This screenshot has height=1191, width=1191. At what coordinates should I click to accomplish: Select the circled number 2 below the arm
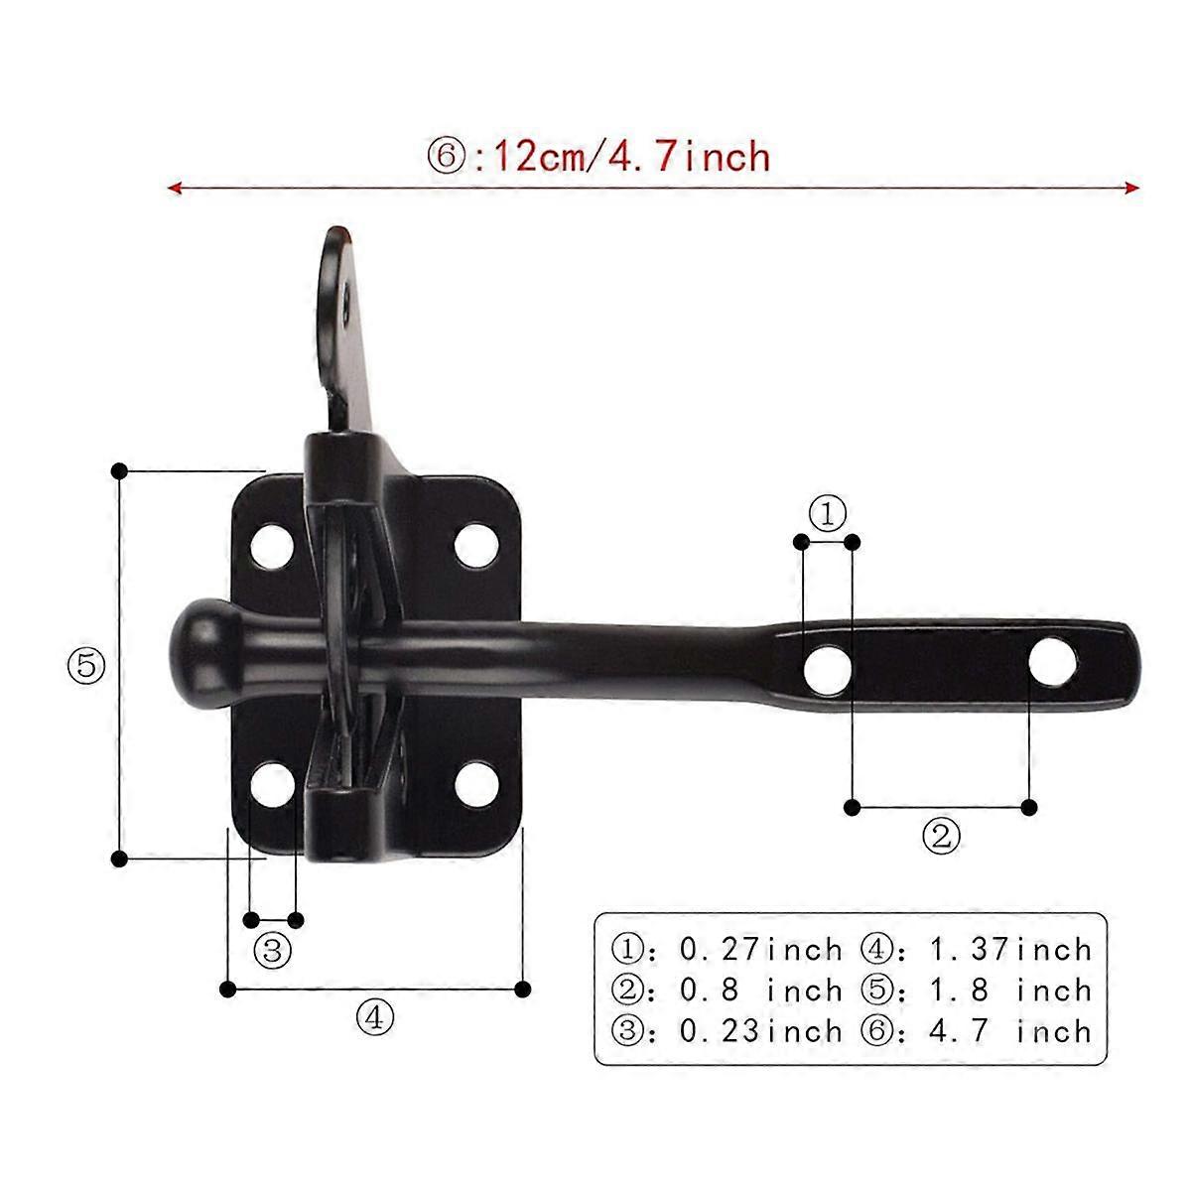pos(941,836)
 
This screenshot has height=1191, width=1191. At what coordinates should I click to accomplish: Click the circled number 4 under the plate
pos(374,1016)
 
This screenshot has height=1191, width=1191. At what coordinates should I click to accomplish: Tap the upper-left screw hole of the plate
pos(272,544)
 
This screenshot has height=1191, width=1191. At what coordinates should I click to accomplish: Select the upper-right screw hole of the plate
pos(476,544)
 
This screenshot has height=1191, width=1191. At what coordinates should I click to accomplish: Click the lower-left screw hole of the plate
pos(272,784)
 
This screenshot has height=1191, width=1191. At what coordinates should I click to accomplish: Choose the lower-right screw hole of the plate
pos(476,784)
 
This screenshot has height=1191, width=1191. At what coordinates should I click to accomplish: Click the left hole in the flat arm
pos(826,669)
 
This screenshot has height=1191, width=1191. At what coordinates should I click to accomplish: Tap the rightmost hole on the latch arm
pos(1052,663)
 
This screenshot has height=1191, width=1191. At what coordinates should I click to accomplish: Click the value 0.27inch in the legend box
pos(760,950)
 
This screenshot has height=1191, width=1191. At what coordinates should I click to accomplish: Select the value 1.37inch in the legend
pos(1010,950)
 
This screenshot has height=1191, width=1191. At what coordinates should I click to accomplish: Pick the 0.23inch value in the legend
pos(760,1031)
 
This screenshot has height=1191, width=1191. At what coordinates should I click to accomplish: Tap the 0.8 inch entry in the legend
pos(760,991)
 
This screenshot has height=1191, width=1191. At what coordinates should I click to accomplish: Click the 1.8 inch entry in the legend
pos(1010,991)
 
